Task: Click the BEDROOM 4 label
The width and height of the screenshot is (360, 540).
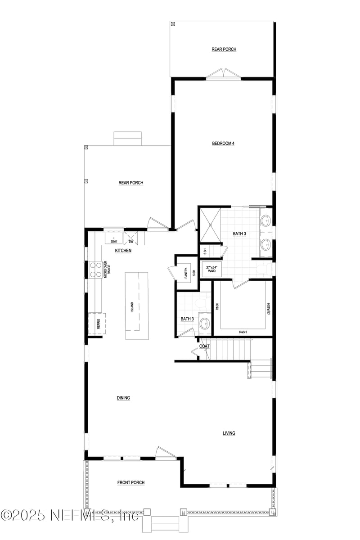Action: (x=223, y=144)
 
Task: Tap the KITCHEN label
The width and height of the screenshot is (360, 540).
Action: (x=123, y=251)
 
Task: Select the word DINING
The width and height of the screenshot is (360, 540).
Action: (x=123, y=398)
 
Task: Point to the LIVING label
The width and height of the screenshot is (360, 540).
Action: (x=229, y=433)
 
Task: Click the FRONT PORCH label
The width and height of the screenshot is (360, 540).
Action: (x=131, y=483)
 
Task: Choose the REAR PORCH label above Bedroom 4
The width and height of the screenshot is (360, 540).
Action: (x=224, y=49)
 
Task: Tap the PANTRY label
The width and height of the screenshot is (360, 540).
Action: (x=186, y=273)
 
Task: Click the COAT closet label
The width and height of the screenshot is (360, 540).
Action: (x=205, y=346)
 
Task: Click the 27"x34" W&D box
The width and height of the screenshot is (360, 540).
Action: (x=211, y=269)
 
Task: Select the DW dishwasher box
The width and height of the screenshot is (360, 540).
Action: (x=131, y=237)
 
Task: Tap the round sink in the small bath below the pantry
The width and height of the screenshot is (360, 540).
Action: (x=205, y=323)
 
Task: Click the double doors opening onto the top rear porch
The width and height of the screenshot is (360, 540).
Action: (x=224, y=75)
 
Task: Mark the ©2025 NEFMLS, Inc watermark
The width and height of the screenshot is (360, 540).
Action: (x=70, y=515)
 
